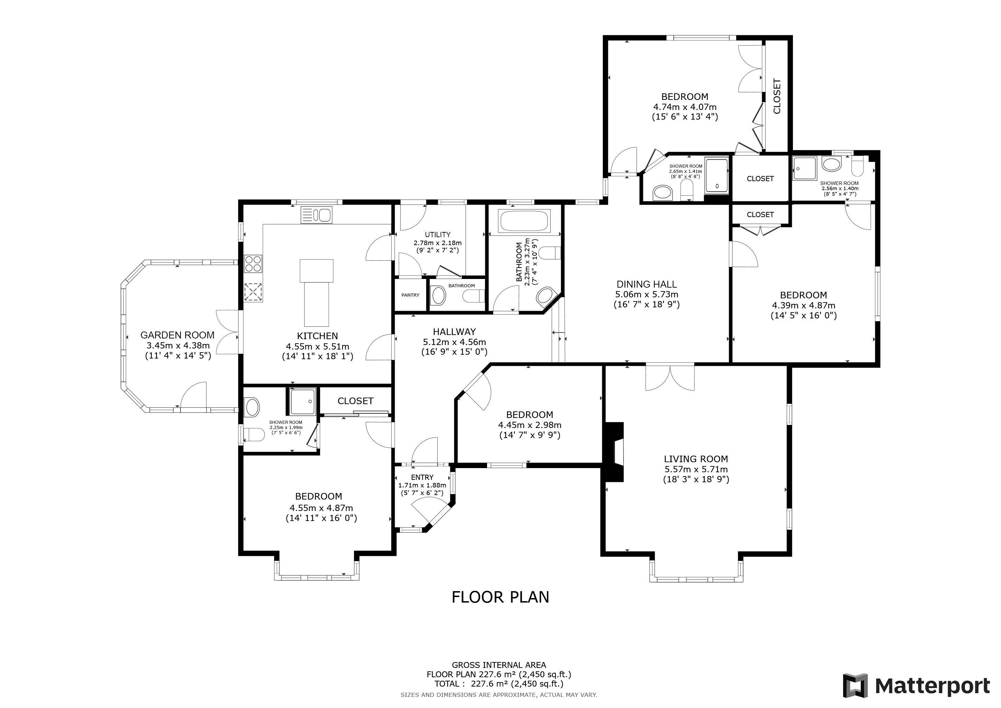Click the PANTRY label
tap(410, 295)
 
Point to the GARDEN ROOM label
tap(177, 335)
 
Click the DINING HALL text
tap(647, 284)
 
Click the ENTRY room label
tap(422, 477)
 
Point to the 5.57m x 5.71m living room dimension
tap(696, 469)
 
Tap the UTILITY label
tap(438, 234)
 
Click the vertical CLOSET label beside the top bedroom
tap(777, 96)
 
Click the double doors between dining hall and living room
tap(670, 377)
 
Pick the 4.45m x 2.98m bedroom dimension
tap(530, 425)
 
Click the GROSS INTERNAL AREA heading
tap(499, 665)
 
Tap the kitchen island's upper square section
tap(317, 270)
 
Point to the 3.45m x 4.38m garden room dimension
tap(178, 346)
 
